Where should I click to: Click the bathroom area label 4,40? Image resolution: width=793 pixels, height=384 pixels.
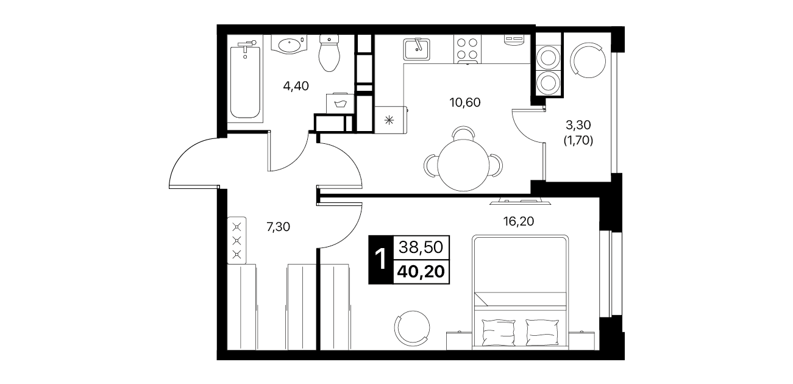point(296,86)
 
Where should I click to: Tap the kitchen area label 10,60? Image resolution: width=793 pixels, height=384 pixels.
point(465,102)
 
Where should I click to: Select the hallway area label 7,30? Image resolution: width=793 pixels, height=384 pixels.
point(279,227)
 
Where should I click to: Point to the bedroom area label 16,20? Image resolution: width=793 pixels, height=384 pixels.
point(519,221)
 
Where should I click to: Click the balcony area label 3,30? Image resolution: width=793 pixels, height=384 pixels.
point(578,125)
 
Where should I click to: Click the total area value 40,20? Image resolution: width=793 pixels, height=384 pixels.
point(421,272)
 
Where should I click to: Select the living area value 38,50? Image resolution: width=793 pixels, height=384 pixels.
point(421,247)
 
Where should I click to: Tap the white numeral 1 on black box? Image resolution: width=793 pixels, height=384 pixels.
point(381,260)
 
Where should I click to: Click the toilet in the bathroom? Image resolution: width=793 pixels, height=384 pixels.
point(329,53)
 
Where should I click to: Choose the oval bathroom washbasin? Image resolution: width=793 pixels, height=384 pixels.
point(290,45)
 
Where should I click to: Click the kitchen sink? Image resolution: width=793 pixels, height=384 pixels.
point(416,49)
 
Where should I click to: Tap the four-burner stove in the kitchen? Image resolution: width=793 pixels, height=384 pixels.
point(468,49)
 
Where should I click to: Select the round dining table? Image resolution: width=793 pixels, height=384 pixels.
point(463,165)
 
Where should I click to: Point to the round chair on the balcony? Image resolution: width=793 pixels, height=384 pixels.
point(588,60)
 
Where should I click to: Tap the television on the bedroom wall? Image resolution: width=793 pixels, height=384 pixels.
point(520,201)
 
